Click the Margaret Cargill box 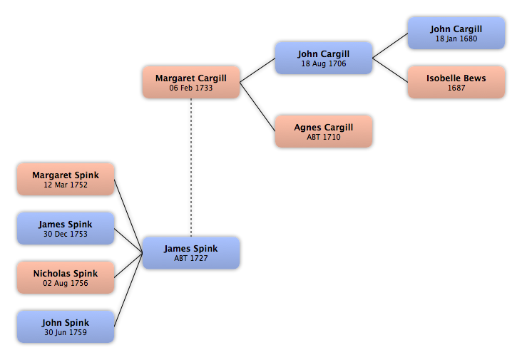point(191,82)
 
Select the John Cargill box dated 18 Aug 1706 point(324,58)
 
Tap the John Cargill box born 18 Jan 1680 point(456,34)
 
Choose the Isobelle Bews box point(456,82)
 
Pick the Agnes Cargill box point(324,131)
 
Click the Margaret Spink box point(66,180)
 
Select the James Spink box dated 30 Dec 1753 point(66,229)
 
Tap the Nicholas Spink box point(66,277)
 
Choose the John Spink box point(66,326)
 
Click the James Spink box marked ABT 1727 point(191,253)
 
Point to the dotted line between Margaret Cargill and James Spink point(191,168)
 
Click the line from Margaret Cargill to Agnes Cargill point(257,107)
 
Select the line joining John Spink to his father point(128,290)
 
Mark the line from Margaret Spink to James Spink point(128,216)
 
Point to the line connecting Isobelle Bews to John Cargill point(390,70)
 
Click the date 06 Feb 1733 point(190,88)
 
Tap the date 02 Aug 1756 point(66,283)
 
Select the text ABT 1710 point(324,137)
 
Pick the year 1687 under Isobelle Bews point(456,88)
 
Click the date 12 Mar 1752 point(66,185)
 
